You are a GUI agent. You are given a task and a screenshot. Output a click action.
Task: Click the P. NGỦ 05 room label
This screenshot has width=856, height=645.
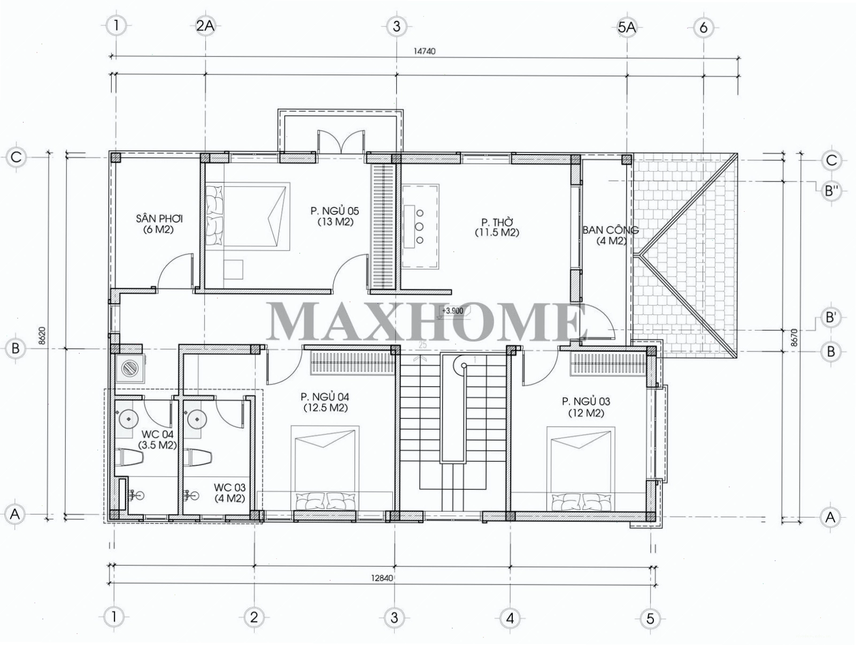[x=335, y=211]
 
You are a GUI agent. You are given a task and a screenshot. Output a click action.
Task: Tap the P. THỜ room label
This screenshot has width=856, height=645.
[x=497, y=222]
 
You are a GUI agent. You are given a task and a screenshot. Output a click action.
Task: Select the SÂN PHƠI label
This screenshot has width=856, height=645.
[x=159, y=219]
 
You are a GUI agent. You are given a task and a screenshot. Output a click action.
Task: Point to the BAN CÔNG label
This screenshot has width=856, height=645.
[x=611, y=230]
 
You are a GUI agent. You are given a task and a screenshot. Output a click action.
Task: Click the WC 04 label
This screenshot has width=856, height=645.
[x=157, y=434]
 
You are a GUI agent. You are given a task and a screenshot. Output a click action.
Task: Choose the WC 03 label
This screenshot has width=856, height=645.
[x=229, y=487]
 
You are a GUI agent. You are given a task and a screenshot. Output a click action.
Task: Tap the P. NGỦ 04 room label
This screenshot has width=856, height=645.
[x=325, y=397]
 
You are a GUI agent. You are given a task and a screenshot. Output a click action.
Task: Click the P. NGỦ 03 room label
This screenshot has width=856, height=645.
[x=586, y=401]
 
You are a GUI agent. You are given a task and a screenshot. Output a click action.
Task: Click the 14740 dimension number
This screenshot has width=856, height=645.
[x=425, y=51]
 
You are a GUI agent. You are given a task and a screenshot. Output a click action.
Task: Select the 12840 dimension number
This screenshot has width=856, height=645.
[x=382, y=578]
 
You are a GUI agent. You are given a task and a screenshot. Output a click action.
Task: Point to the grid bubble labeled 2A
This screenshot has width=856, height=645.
[x=205, y=26]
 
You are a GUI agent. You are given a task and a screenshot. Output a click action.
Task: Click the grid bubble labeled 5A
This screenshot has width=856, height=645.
[x=627, y=27]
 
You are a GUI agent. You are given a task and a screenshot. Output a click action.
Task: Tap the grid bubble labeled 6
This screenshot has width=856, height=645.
[x=704, y=28]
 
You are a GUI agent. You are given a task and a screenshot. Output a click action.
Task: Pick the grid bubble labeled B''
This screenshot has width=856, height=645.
[x=830, y=191]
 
